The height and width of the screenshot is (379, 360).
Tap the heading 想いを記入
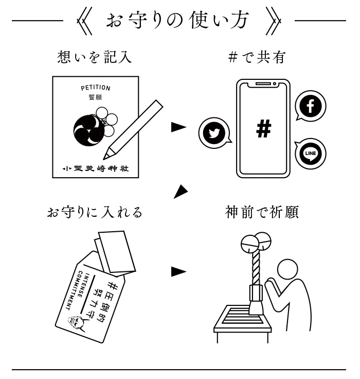click(x=94, y=57)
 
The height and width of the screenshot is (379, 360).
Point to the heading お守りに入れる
click(x=94, y=212)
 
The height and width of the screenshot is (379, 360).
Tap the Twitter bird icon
click(x=213, y=133)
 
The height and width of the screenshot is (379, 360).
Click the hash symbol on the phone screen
click(x=263, y=129)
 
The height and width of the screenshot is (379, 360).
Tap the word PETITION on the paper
click(x=96, y=88)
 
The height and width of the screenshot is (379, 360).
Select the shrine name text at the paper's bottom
click(x=95, y=168)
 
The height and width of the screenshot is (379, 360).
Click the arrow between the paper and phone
click(x=178, y=127)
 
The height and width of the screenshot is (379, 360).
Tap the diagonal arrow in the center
click(x=180, y=192)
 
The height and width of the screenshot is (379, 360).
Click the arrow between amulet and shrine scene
click(x=178, y=271)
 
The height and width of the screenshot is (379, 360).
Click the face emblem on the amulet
click(x=76, y=321)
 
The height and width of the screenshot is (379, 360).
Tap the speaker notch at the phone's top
click(x=263, y=83)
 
